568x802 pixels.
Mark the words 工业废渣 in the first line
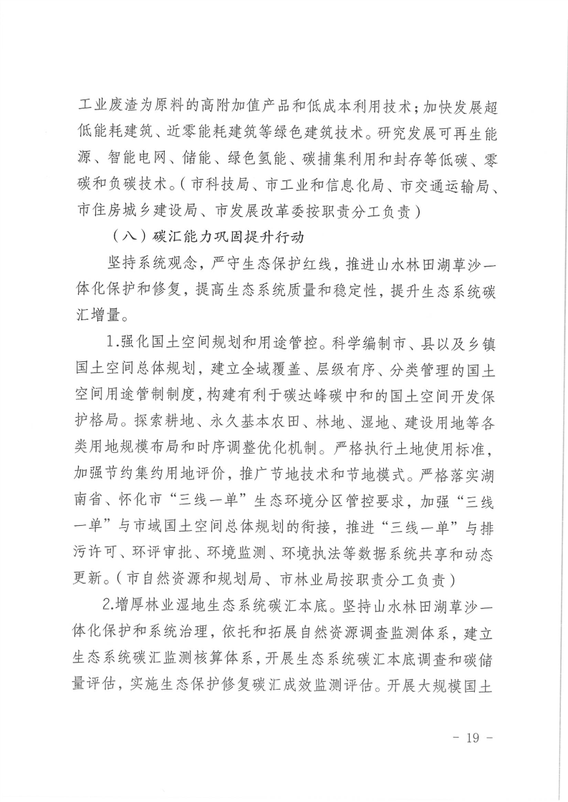[102, 105]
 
